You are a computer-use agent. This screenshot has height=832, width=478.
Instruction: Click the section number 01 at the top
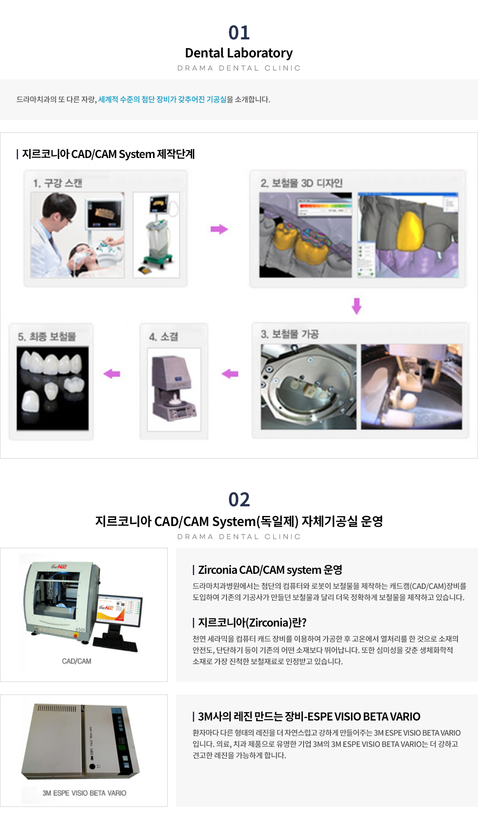coord(239,33)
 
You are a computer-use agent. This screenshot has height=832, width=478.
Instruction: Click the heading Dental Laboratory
coord(239,53)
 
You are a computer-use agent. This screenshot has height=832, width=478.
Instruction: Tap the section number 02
coord(239,500)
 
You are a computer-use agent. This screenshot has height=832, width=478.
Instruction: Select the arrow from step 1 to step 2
coord(219,229)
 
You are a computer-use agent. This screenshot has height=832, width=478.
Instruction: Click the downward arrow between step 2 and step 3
coord(356,306)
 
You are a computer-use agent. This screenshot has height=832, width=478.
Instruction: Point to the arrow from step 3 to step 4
coord(230,373)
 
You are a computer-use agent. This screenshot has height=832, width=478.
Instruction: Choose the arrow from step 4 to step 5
coord(112,373)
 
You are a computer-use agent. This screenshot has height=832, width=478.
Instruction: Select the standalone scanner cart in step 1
coord(159,235)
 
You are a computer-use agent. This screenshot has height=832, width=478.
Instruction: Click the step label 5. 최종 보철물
coord(47,337)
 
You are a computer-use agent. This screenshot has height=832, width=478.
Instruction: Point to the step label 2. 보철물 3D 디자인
coord(301,183)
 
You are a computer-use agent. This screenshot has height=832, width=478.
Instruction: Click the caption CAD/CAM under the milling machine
coord(77,661)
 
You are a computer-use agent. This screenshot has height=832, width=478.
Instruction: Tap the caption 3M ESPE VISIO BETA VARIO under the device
coord(84,793)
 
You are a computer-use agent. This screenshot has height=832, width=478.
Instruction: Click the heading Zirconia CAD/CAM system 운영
coord(270,570)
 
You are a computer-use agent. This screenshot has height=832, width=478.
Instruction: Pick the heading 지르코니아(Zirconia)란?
coord(252,622)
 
